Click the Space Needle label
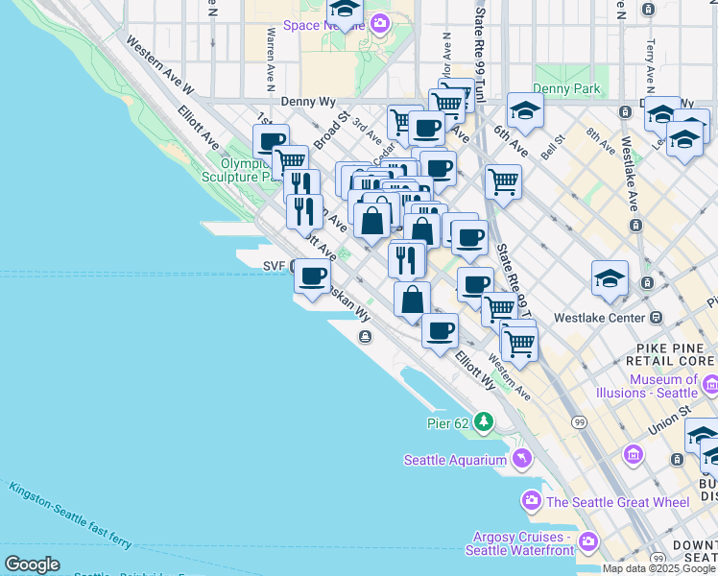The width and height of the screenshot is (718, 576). pyautogui.click(x=315, y=25)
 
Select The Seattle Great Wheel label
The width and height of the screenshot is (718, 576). pyautogui.click(x=618, y=502)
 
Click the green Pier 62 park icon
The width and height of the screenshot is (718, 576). pyautogui.click(x=485, y=421)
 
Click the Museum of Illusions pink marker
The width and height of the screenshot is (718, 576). pyautogui.click(x=710, y=385)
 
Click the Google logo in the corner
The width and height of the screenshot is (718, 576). pyautogui.click(x=32, y=564)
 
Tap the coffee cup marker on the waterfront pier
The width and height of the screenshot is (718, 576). pyautogui.click(x=310, y=277)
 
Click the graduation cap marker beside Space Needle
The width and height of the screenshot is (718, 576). pyautogui.click(x=345, y=11)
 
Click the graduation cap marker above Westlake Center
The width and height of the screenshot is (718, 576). pyautogui.click(x=610, y=278)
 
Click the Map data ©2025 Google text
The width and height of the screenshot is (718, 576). pyautogui.click(x=659, y=568)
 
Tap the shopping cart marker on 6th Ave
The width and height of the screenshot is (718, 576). pyautogui.click(x=503, y=180)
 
